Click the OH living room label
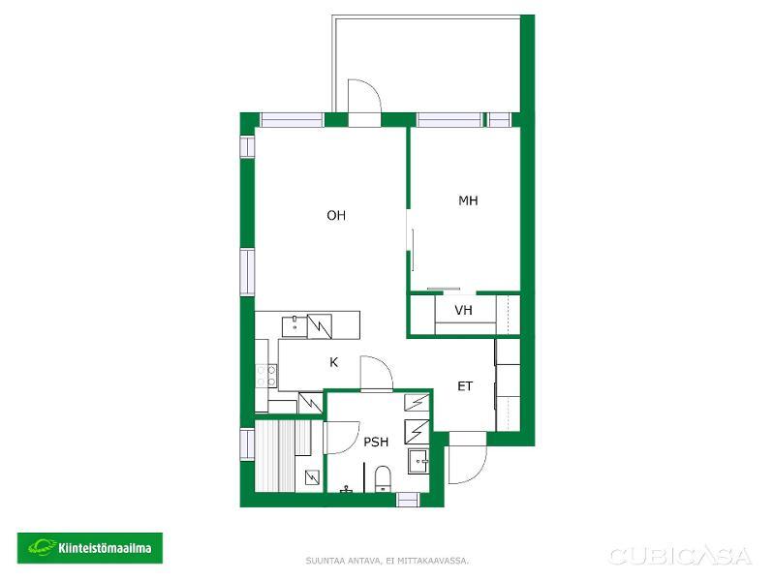point(336,215)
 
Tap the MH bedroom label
point(468,200)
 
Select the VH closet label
point(463,310)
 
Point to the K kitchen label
point(333,362)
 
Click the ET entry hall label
point(465,386)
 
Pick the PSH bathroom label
point(376,442)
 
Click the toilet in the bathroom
point(383,478)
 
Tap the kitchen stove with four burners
point(266,376)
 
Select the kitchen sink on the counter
point(294,326)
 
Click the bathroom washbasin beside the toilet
point(418,462)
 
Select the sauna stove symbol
point(312,477)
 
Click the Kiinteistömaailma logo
point(90,548)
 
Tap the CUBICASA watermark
point(680,556)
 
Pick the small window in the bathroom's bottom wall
point(408,500)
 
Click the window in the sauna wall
point(247,443)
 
